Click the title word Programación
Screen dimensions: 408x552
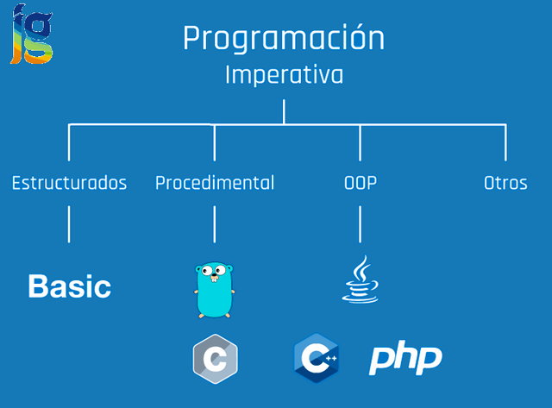284,40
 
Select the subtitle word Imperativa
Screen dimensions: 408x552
284,75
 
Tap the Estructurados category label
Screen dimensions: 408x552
69,183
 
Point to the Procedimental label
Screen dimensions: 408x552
215,183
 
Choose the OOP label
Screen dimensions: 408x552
360,183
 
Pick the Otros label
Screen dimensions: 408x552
505,183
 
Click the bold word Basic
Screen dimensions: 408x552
69,286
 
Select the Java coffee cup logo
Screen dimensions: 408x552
360,279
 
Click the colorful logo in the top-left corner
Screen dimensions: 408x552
31,34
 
